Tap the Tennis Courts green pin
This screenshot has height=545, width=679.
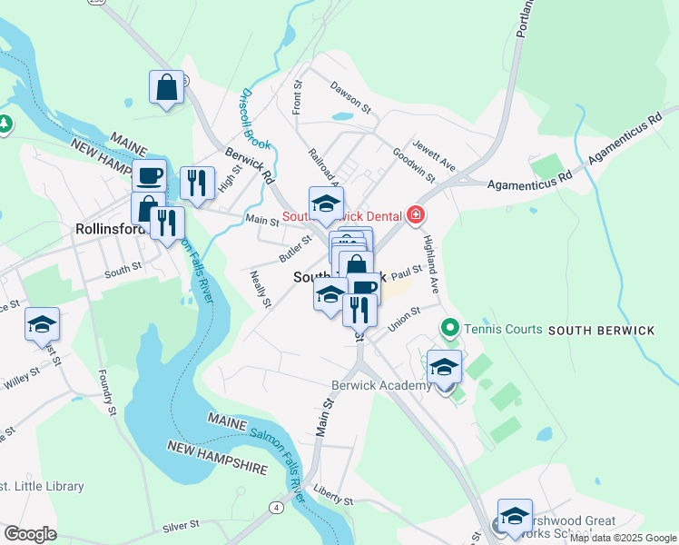(448, 327)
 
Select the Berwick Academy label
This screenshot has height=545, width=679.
(380, 386)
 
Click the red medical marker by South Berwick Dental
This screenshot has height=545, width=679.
(416, 215)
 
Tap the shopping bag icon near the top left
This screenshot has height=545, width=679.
(167, 88)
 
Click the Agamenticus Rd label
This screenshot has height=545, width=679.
(527, 183)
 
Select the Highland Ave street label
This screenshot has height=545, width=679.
(435, 264)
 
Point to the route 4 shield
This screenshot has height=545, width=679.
(275, 506)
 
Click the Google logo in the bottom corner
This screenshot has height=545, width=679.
(30, 534)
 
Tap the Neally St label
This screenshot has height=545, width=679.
(261, 289)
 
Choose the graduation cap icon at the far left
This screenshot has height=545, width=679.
(42, 323)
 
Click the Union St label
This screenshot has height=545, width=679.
(404, 319)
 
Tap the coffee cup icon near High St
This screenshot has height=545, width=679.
(150, 174)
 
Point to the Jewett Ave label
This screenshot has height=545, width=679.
(433, 155)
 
